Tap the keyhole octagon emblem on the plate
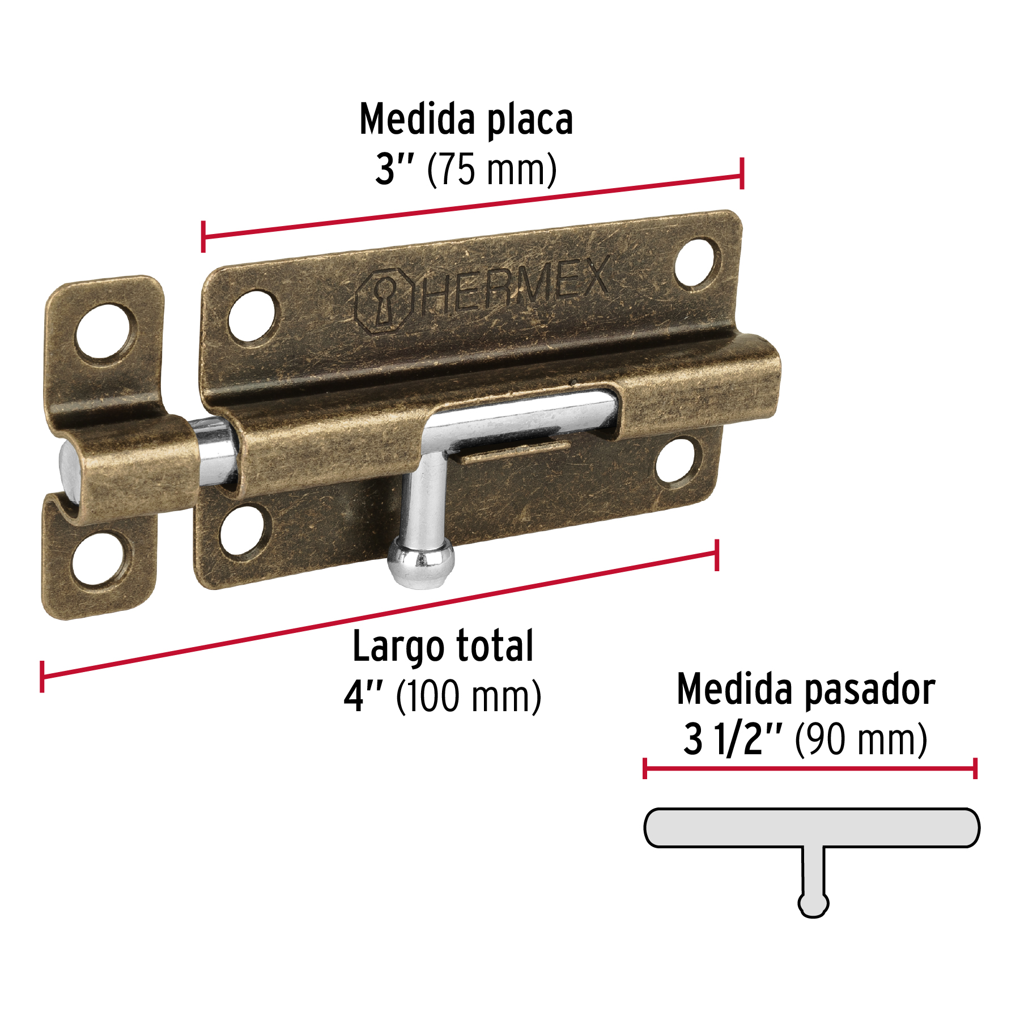pyautogui.click(x=384, y=300)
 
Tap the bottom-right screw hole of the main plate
pyautogui.click(x=676, y=460)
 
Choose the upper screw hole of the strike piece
pyautogui.click(x=105, y=331)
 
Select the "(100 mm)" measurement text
pyautogui.click(x=469, y=696)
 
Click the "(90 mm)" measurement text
pyautogui.click(x=861, y=739)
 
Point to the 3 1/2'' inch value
pyautogui.click(x=733, y=739)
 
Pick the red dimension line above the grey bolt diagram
pyautogui.click(x=810, y=769)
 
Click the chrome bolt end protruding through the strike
pyautogui.click(x=70, y=471)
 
